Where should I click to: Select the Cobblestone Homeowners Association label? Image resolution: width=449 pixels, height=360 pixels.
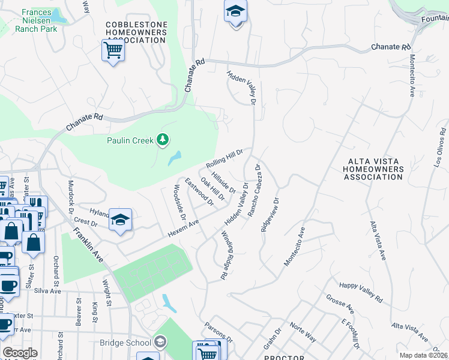[135, 32]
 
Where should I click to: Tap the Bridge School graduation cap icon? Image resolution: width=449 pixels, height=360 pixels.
[159, 343]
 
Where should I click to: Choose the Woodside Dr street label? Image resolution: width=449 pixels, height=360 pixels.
[179, 202]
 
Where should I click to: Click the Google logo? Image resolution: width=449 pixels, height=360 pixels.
[20, 353]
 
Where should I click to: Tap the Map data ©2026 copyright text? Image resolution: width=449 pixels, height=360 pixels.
[423, 355]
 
